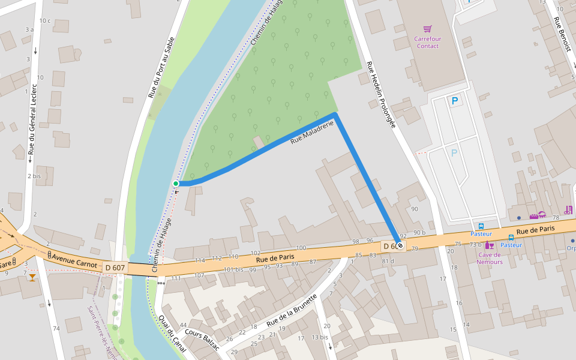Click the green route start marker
[x=176, y=183]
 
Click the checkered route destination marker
[x=400, y=245]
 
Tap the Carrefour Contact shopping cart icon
[x=427, y=29]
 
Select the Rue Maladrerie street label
[x=311, y=133]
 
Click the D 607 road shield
[x=114, y=267]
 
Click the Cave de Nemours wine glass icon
[x=490, y=245]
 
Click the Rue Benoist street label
[x=563, y=34]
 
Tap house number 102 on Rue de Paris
[x=256, y=253]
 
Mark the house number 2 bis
[x=34, y=176]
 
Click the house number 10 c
[x=44, y=21]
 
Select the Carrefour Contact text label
[x=427, y=42]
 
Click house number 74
[x=56, y=328]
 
